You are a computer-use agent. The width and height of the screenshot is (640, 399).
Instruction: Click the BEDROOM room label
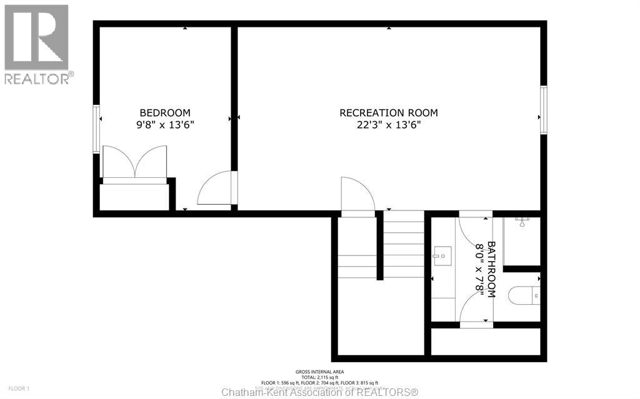(165, 112)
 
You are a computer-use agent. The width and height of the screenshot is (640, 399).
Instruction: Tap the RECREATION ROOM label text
(388, 113)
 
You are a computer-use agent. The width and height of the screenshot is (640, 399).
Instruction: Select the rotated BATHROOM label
(491, 269)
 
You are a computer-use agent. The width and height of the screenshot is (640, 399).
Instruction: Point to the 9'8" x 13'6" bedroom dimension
(165, 125)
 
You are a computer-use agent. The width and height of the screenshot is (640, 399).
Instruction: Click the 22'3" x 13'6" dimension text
(388, 125)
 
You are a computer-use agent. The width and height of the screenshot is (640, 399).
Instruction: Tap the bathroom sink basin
(442, 254)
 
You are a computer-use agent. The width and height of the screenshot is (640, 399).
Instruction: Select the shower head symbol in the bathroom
(523, 220)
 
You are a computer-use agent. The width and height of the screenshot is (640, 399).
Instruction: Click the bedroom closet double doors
(135, 163)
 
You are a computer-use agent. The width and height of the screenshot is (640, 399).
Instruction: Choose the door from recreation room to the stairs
(357, 196)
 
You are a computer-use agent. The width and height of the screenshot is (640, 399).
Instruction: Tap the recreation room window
(544, 109)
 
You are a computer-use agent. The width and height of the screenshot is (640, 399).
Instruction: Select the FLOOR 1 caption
(19, 389)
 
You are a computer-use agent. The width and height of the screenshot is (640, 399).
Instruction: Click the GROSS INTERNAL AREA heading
(320, 372)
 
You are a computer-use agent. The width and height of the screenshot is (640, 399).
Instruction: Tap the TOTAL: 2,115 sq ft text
(320, 377)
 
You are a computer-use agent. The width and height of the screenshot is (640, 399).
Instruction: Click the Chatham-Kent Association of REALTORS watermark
(320, 392)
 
